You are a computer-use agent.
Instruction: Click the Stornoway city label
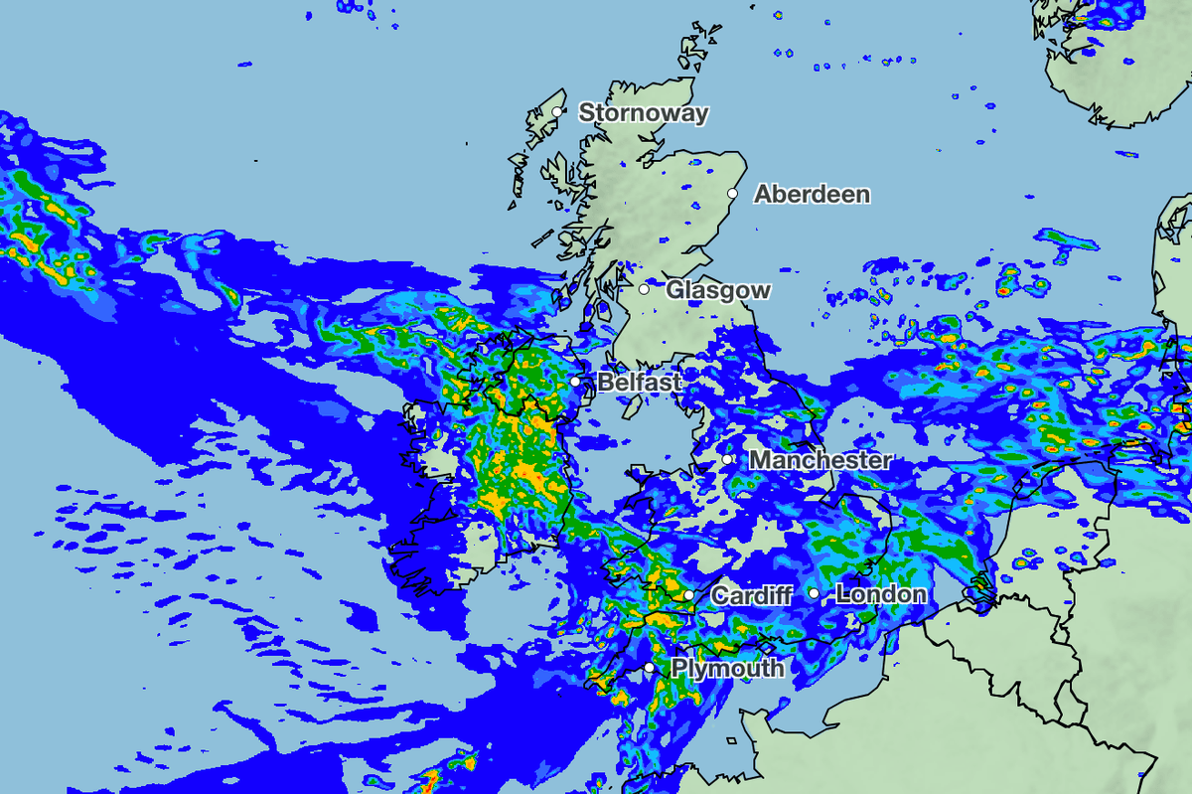(644, 112)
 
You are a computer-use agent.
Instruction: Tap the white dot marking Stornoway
(559, 111)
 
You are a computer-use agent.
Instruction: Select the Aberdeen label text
(812, 194)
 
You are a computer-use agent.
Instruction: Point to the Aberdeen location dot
(733, 193)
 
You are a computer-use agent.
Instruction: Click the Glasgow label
(717, 290)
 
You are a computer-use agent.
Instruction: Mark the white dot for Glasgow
(644, 289)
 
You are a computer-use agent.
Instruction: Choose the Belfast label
(640, 382)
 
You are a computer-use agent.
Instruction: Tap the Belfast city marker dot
(575, 381)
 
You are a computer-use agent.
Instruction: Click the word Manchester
(819, 460)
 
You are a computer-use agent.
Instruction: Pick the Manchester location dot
(728, 459)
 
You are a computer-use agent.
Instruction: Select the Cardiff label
(752, 596)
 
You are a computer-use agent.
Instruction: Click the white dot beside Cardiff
(688, 595)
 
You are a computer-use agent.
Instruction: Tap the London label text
(881, 594)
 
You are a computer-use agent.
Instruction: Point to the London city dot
(814, 593)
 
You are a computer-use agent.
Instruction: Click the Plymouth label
(727, 669)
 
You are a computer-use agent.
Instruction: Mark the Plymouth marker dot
(649, 668)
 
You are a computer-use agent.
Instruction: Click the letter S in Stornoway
(586, 112)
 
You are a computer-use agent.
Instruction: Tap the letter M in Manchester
(760, 460)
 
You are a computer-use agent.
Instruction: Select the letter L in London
(842, 594)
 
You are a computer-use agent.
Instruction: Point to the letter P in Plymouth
(679, 669)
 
